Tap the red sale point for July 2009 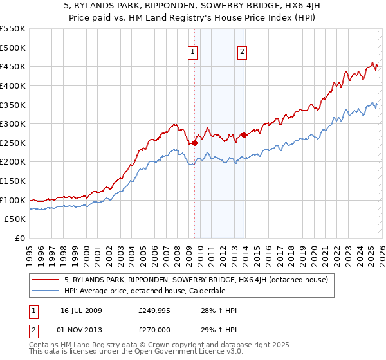pos(194,143)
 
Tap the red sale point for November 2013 pos(244,135)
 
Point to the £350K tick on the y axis pos(13,105)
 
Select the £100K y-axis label pos(13,200)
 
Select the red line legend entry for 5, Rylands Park pos(196,280)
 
